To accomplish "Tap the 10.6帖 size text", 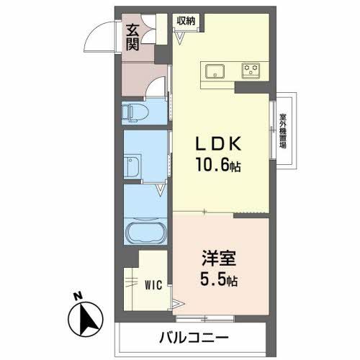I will click(x=220, y=166).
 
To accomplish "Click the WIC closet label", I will click(x=153, y=285).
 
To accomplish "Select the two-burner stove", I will click(x=251, y=71).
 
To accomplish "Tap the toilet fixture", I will click(x=135, y=112).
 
